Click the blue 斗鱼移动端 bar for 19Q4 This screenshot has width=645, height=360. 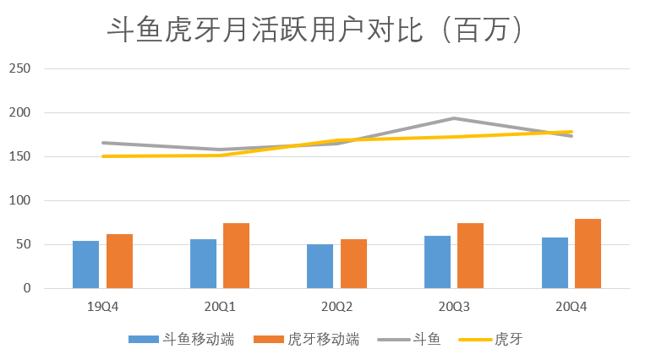point(85,265)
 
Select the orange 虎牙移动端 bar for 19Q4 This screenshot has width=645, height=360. point(119,261)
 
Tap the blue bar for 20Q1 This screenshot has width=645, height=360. point(203,264)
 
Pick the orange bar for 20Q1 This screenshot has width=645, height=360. point(237,256)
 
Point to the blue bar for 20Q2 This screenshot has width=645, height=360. point(320,266)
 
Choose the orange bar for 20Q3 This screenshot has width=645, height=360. point(471,256)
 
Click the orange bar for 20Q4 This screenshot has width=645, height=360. point(588,254)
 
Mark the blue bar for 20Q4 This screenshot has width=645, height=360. point(555,263)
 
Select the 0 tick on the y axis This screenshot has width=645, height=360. point(26,288)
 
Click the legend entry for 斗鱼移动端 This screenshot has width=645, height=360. point(181,339)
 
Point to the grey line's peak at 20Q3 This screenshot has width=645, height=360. point(454,118)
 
